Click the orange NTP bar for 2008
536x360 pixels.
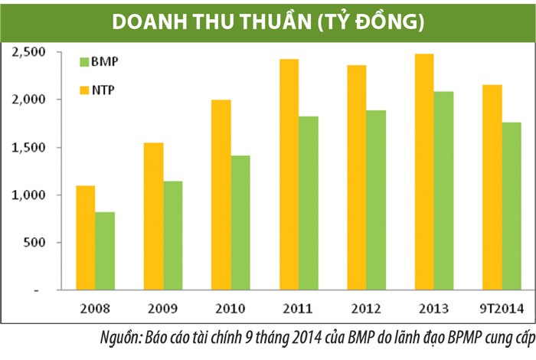[86, 238]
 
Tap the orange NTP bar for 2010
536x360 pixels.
[221, 195]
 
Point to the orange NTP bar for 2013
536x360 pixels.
[423, 172]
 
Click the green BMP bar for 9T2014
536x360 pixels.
[511, 207]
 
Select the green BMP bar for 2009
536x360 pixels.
[172, 236]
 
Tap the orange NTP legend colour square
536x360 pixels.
[84, 90]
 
